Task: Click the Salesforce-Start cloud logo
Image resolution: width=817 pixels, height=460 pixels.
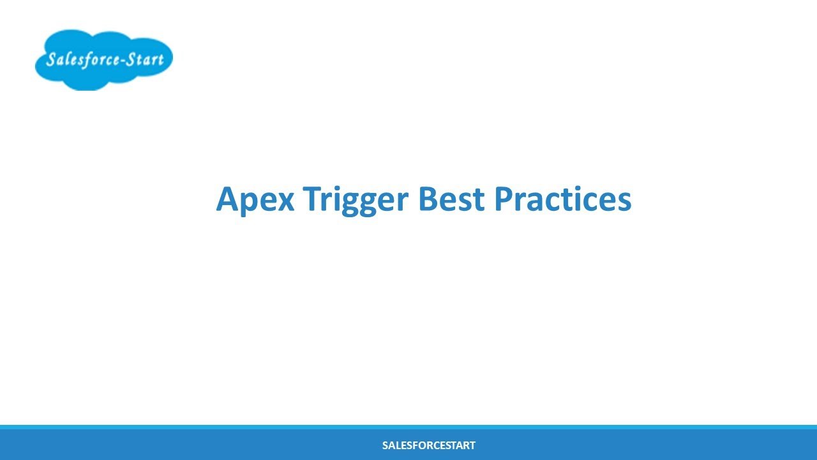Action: tap(103, 59)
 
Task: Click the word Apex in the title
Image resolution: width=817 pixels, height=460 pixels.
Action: tap(255, 199)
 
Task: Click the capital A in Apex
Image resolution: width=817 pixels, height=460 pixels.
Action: tap(227, 199)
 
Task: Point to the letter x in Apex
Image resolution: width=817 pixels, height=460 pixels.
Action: tap(285, 202)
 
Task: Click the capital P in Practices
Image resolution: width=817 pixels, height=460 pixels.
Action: tap(504, 199)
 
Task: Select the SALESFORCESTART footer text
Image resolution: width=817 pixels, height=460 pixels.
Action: tap(428, 445)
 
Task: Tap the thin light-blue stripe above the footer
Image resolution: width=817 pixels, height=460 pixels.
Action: tap(408, 427)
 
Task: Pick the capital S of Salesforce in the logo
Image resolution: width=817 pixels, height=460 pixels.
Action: tap(51, 61)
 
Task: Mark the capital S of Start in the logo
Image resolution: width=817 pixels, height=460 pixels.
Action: tap(130, 60)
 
